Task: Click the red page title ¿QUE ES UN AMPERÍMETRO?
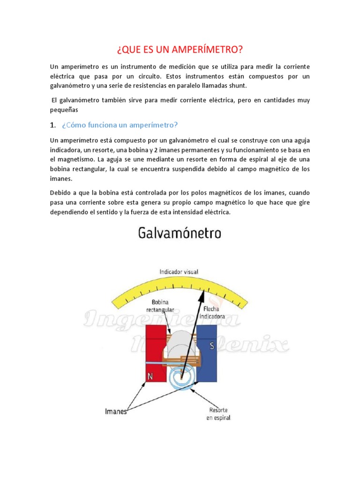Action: pos(180,49)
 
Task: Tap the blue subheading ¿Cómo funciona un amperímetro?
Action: pos(120,125)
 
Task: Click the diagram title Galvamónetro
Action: pos(180,233)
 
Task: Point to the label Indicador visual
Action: pos(179,271)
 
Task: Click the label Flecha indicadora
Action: pos(214,313)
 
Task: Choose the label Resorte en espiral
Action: pos(218,414)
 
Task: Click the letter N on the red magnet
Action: pos(150,376)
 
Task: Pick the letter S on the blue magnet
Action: pos(212,346)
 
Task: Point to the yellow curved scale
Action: pos(117,293)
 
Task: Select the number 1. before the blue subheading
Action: pos(53,125)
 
